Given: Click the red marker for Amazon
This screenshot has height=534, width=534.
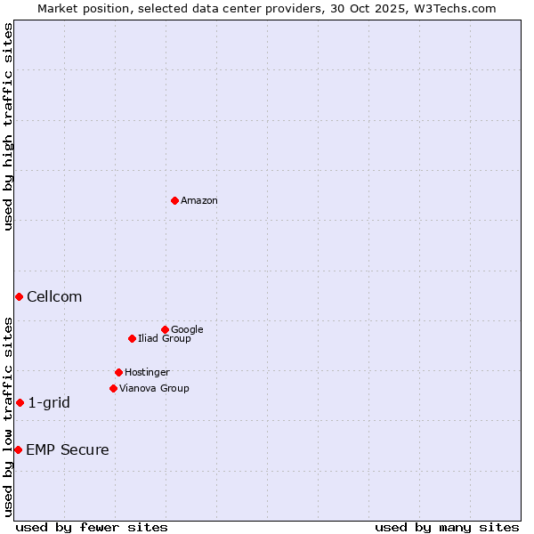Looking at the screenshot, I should [x=174, y=200].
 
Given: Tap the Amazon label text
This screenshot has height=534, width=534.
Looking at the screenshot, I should [x=199, y=201].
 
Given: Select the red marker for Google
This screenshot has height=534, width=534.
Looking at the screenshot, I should [x=165, y=329].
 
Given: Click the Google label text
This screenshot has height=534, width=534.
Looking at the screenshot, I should [x=187, y=330].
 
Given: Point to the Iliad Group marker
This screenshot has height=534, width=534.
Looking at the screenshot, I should [x=132, y=338].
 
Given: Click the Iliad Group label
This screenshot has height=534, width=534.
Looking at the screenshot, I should [x=165, y=339].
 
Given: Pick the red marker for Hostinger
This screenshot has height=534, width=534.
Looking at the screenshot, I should [x=118, y=372].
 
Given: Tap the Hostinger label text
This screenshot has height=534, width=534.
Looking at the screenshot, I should [x=147, y=373].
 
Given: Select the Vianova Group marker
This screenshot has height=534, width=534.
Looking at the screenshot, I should [x=113, y=388].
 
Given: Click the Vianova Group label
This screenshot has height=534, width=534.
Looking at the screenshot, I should [x=154, y=389].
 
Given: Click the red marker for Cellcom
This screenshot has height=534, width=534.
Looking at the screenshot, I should [x=19, y=296].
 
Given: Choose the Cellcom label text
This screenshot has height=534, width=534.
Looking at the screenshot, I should [x=54, y=297].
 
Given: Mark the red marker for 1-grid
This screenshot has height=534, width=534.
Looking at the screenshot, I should [x=20, y=402].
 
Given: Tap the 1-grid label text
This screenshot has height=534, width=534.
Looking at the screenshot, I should [x=49, y=403].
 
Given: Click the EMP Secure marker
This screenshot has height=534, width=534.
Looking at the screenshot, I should [x=18, y=449].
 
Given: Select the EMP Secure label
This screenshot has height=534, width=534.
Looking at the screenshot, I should [x=68, y=450].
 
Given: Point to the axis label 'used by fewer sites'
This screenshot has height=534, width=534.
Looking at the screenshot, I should [x=92, y=527].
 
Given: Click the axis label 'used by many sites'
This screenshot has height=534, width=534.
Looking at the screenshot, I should [x=447, y=527].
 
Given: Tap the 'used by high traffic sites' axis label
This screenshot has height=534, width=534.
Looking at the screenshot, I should [x=8, y=126].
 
